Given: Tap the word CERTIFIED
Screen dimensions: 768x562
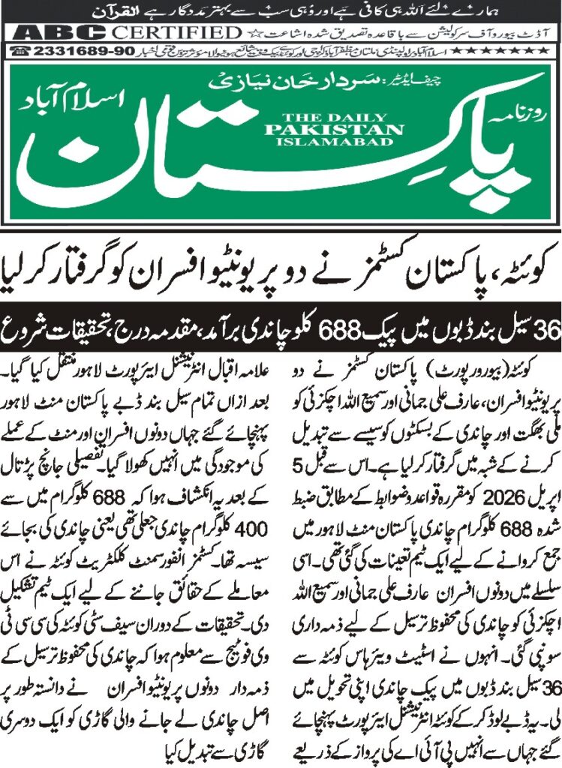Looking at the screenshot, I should [174, 33].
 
